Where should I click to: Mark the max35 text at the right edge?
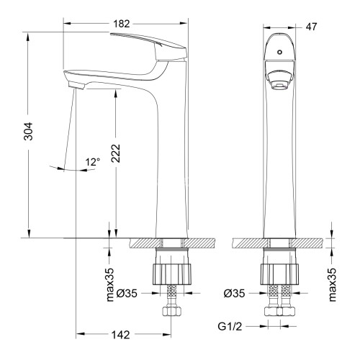pos(333,285)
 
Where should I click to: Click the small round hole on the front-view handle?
pos(278,53)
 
